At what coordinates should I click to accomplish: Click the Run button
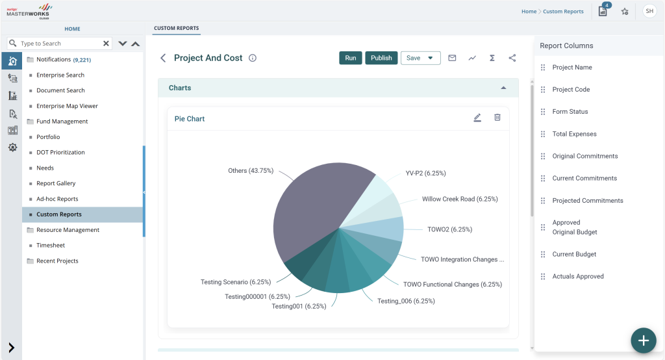click(x=350, y=58)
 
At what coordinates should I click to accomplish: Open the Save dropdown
click(x=420, y=58)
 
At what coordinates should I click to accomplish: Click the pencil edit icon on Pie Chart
click(x=477, y=118)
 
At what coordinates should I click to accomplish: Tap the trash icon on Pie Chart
click(x=497, y=118)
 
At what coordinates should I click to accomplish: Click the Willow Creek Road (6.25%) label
click(x=460, y=199)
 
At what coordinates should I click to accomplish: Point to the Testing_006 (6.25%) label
click(x=406, y=301)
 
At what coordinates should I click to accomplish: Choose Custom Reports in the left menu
click(x=59, y=214)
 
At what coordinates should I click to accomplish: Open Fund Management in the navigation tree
click(x=62, y=122)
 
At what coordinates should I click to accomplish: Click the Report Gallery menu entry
click(x=56, y=183)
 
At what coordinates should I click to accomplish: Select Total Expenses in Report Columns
click(x=574, y=134)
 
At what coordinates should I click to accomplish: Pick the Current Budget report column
click(x=574, y=254)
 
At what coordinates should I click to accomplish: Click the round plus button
click(x=644, y=341)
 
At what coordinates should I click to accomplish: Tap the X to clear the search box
click(x=106, y=44)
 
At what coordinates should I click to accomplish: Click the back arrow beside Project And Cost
click(x=163, y=58)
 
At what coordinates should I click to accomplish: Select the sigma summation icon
click(x=492, y=58)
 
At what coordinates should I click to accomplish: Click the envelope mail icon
click(x=452, y=58)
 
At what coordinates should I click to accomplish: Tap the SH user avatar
click(x=649, y=12)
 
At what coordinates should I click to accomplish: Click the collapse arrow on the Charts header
click(x=503, y=88)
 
